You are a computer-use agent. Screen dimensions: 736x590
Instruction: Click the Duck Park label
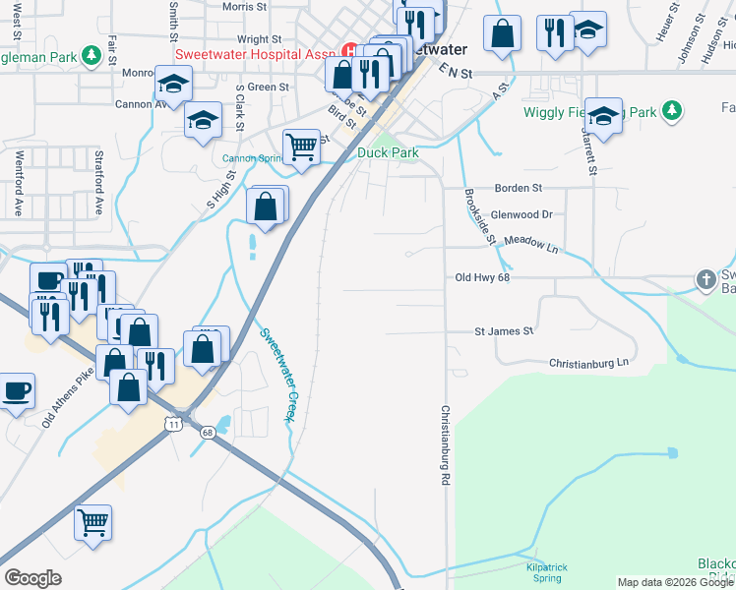[388, 152]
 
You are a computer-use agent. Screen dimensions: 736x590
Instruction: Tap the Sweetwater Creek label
[277, 375]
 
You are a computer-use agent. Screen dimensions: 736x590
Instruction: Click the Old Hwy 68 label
[483, 278]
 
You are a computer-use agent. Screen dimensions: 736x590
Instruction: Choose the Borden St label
[518, 187]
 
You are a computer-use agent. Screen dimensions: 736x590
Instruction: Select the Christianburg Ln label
[588, 363]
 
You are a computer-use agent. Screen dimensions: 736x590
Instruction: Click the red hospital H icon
[349, 51]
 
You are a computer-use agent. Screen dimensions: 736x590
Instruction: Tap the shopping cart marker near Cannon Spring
[302, 147]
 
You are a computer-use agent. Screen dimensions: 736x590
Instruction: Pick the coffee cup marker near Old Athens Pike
[17, 391]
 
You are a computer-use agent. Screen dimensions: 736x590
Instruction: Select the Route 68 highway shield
[207, 432]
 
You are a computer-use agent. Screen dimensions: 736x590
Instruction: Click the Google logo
[32, 578]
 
